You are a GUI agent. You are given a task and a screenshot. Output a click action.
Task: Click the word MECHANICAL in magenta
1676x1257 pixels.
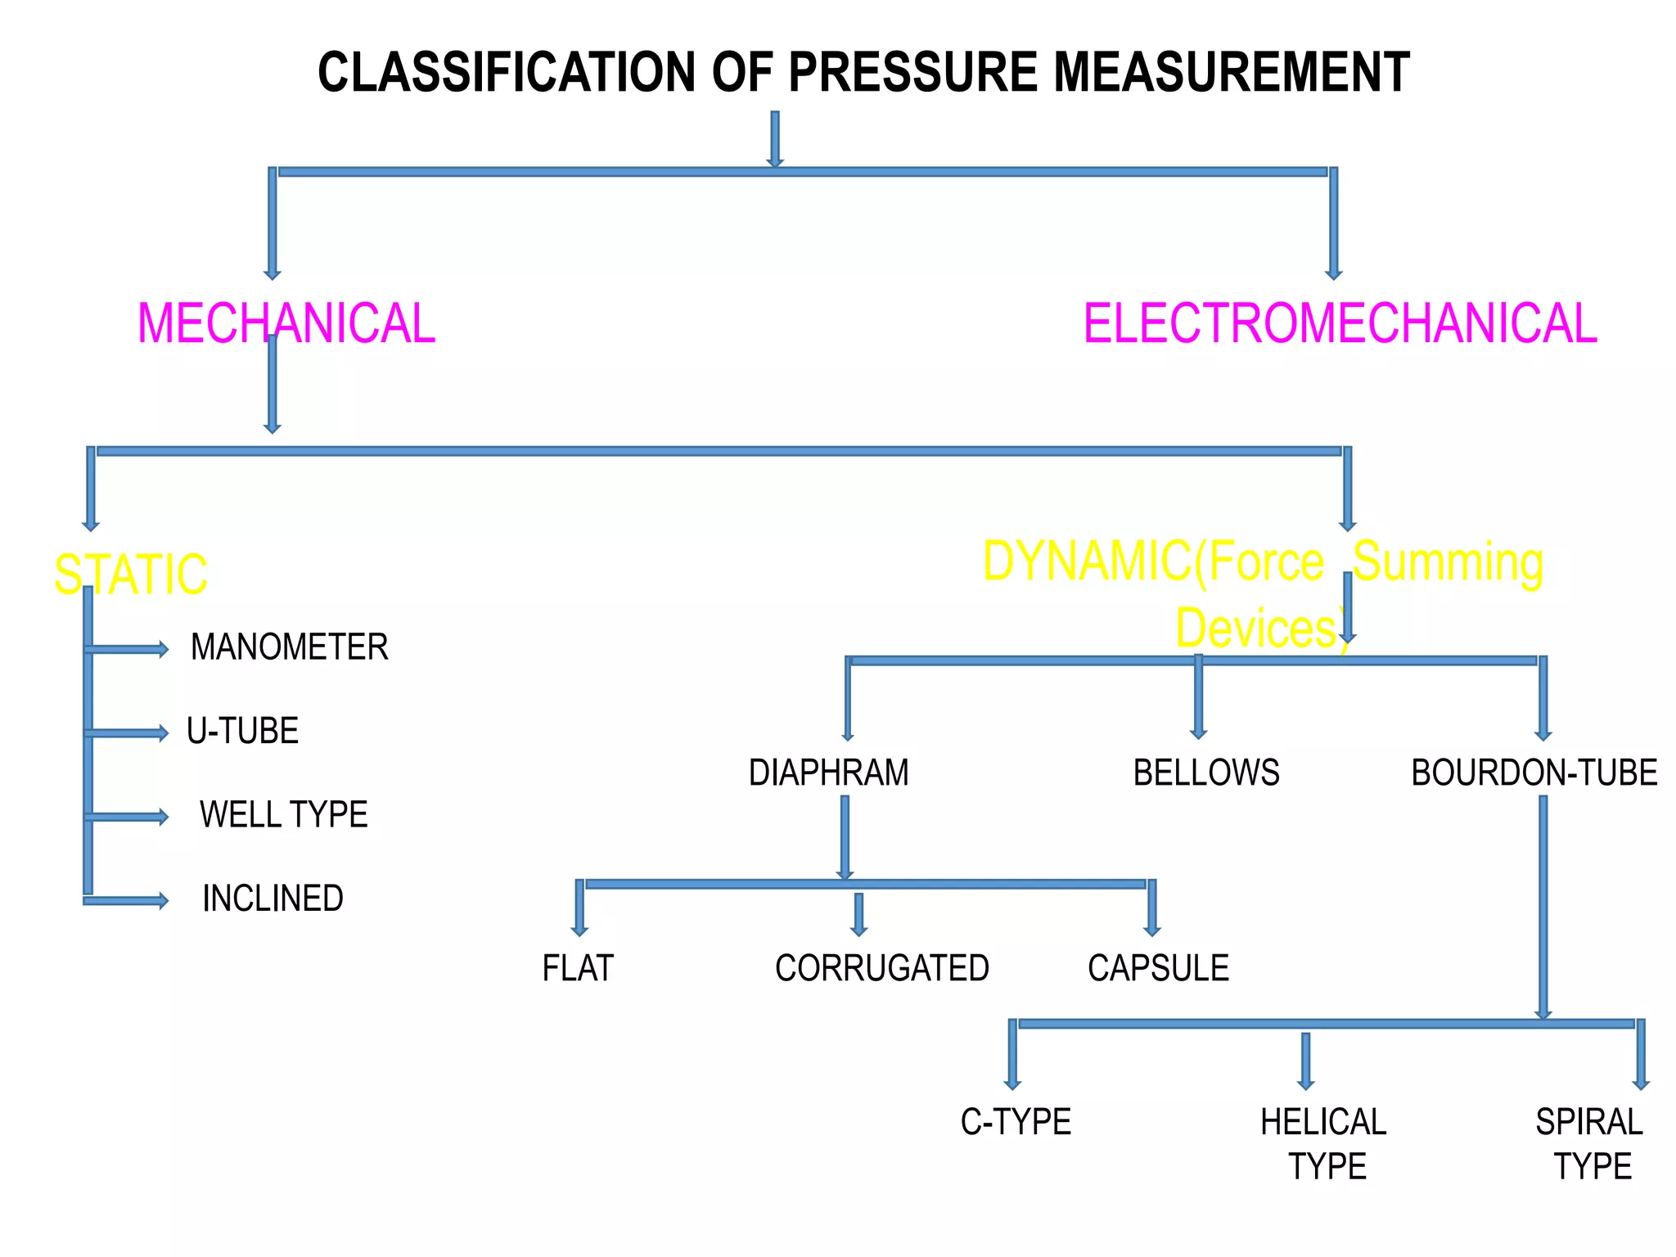tap(286, 323)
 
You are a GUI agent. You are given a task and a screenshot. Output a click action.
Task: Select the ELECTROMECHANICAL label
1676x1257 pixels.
tap(1340, 323)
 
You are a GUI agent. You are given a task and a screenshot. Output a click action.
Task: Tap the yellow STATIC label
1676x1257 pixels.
tap(131, 574)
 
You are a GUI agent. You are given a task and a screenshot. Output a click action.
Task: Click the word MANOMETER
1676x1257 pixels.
tap(289, 647)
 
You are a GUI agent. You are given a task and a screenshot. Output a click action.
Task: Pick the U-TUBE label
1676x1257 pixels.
tap(242, 731)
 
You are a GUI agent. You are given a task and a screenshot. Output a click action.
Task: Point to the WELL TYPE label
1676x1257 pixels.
tap(283, 814)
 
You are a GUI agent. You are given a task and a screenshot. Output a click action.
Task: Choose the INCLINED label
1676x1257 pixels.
tap(273, 899)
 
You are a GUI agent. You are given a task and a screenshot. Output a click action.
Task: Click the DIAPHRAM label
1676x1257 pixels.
tap(828, 773)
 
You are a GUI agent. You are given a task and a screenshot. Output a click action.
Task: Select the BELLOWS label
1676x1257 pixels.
tap(1205, 773)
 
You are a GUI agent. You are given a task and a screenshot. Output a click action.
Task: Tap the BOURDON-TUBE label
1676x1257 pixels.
tap(1534, 773)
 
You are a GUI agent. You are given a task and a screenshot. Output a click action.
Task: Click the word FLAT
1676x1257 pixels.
tap(577, 968)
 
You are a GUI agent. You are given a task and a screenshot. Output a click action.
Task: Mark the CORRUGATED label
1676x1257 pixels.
tap(881, 968)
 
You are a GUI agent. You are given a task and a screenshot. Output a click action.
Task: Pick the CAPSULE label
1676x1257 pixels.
tap(1158, 968)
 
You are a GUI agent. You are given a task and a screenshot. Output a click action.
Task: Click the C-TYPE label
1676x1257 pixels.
tap(1016, 1122)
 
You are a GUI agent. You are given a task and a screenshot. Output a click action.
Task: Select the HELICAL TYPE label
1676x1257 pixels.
tap(1324, 1144)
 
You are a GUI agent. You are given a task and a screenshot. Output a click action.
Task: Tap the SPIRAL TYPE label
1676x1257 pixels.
tap(1590, 1144)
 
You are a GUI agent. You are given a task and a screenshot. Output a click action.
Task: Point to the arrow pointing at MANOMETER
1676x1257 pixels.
tap(127, 650)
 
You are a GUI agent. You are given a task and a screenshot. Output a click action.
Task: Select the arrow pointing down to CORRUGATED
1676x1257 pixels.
tap(858, 914)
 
